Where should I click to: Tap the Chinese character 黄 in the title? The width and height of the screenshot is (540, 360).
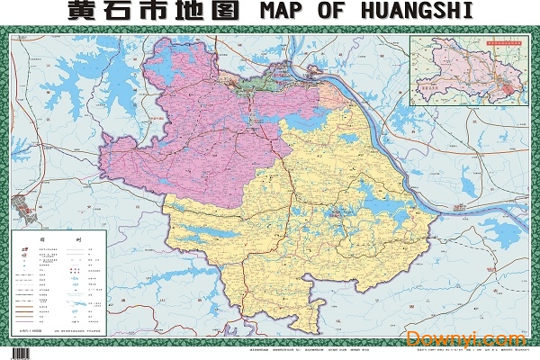click(86, 13)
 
